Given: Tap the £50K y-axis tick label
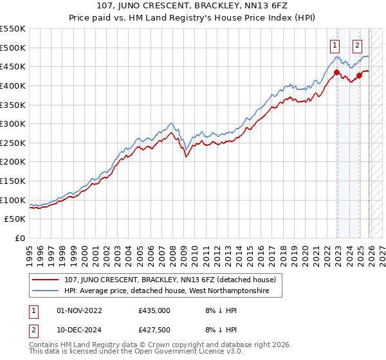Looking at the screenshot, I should point(15,219).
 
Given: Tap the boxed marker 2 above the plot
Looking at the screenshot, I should point(357,46).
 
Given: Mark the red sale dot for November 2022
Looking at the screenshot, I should point(336,73).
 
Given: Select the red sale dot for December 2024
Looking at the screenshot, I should point(360,75).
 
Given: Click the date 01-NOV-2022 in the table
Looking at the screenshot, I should point(80,310).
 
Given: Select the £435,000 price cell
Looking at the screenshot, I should point(154,310).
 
